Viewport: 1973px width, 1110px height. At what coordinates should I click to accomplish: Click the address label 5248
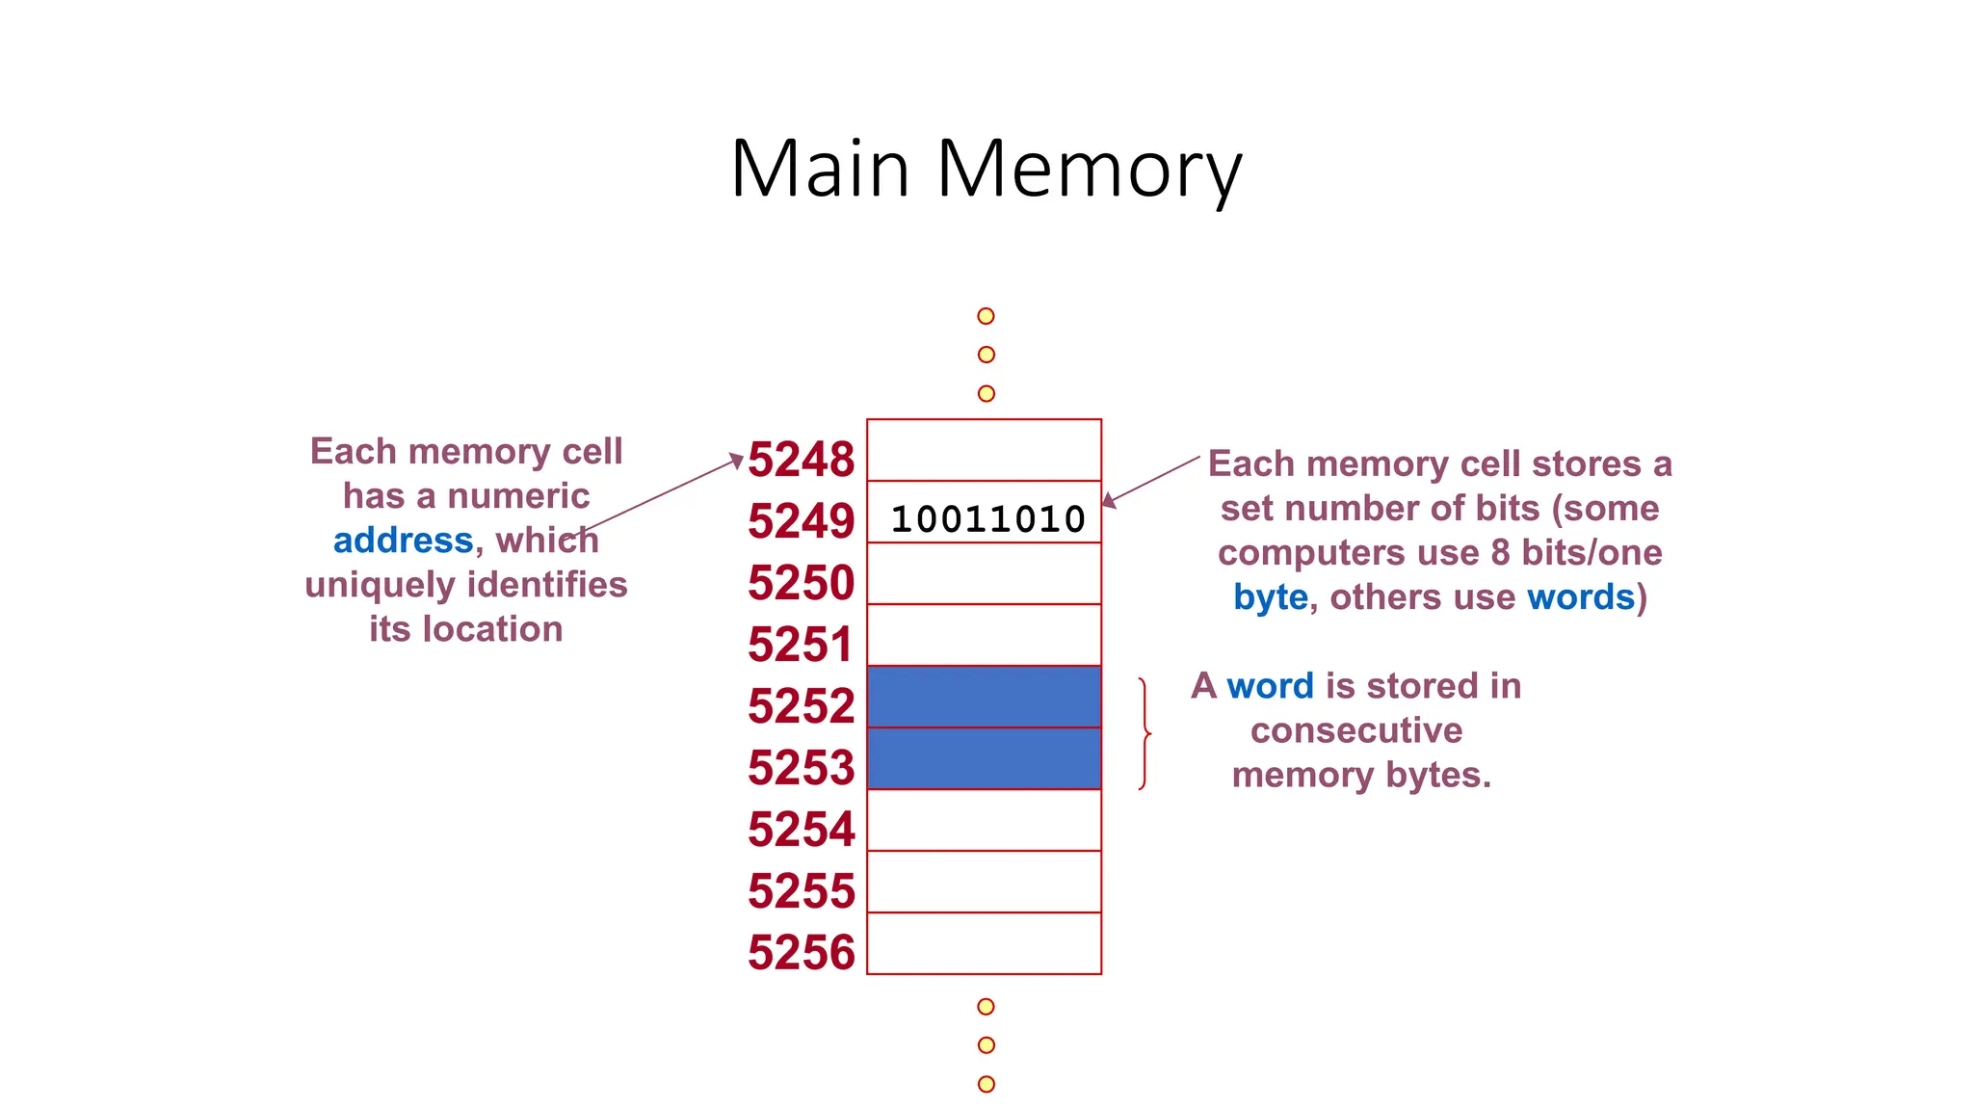[x=801, y=460]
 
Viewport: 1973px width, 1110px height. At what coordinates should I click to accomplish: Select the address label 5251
[x=801, y=645]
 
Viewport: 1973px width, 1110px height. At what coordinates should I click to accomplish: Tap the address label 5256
[x=801, y=953]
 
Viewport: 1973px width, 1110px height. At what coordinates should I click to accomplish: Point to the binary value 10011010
[x=987, y=519]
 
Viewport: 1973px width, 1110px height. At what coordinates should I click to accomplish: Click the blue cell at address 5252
[x=984, y=697]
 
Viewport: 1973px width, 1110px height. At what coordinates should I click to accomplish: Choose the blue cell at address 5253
[x=984, y=758]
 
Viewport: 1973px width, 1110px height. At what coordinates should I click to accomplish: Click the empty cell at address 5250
[x=984, y=573]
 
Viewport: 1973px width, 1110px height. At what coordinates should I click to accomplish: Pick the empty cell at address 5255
[x=984, y=882]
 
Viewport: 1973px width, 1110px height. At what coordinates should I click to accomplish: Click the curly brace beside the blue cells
[x=1144, y=734]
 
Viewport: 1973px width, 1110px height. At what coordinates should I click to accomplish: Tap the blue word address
[x=403, y=541]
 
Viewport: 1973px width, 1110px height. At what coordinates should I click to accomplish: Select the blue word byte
[x=1270, y=597]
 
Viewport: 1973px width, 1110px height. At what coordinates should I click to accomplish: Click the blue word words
[x=1581, y=597]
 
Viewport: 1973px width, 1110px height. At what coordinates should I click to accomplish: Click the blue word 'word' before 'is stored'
[x=1270, y=686]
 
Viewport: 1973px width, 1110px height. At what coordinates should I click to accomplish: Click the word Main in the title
[x=820, y=170]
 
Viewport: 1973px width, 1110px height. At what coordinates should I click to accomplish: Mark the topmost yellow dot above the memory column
[x=986, y=316]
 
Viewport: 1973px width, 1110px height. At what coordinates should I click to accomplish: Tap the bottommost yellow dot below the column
[x=986, y=1084]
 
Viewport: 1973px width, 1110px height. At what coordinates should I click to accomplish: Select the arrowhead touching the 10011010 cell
[x=1109, y=501]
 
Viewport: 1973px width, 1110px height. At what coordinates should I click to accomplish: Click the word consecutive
[x=1355, y=730]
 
